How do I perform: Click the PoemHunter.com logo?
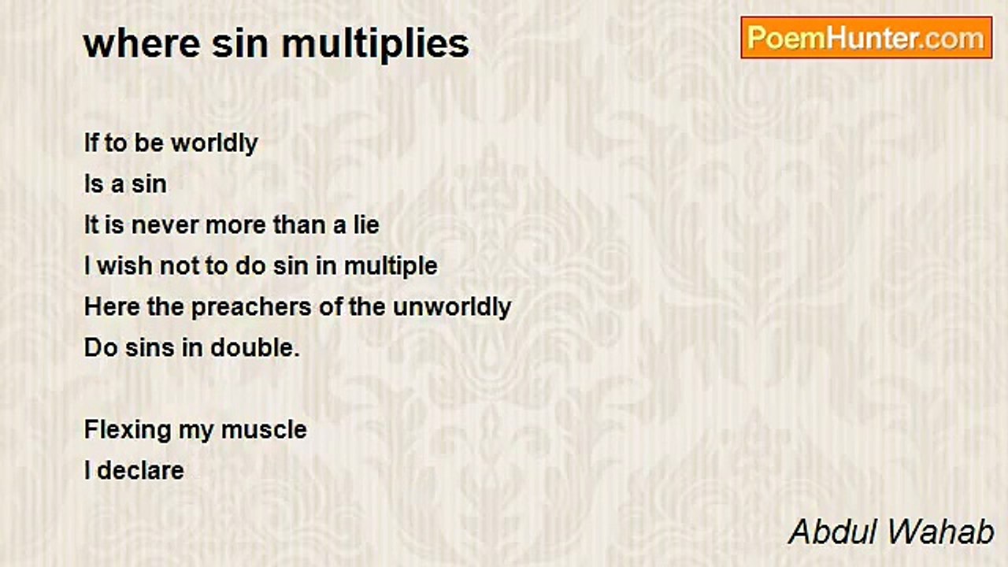866,38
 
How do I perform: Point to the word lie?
366,225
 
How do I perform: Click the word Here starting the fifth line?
111,307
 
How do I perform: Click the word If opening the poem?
92,143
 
